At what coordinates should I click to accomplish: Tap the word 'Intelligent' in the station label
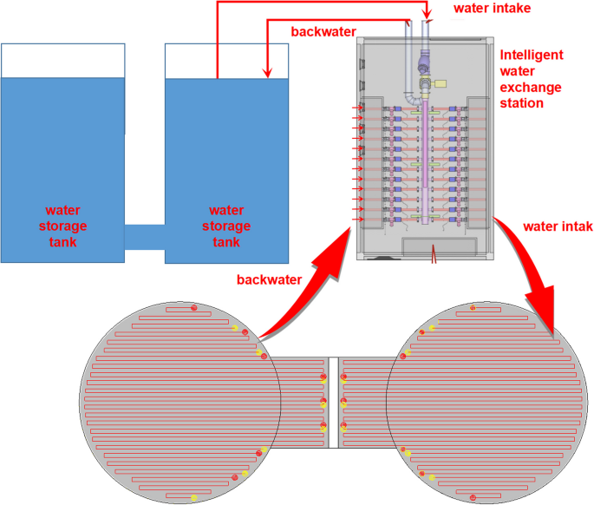coord(531,55)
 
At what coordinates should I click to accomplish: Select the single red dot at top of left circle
coord(193,307)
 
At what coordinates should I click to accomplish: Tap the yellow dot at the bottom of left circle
coord(193,498)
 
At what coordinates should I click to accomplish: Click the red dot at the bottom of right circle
coord(473,497)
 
